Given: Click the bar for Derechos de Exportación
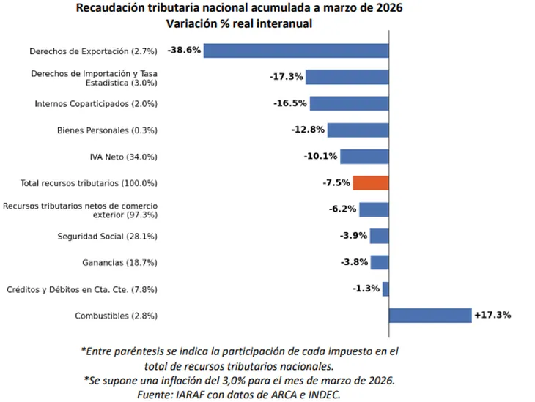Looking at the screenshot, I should [x=295, y=51].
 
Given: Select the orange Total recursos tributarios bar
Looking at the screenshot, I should [x=370, y=183].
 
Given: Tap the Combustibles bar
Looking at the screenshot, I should [x=429, y=315].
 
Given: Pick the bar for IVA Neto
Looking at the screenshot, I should [x=364, y=157].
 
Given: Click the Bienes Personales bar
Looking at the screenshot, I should [x=358, y=130].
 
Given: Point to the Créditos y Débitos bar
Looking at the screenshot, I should [x=385, y=289].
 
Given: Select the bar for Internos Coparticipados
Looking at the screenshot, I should [x=349, y=103].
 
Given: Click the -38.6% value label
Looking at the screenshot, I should [x=184, y=51].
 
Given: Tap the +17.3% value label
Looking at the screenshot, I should [x=492, y=315].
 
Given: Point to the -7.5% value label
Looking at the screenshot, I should [x=336, y=183].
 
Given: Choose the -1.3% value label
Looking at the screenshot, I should [x=366, y=289].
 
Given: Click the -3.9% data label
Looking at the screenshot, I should [x=353, y=236].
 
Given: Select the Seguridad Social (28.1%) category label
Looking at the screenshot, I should [x=108, y=237].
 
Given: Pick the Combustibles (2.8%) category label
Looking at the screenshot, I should [x=116, y=316].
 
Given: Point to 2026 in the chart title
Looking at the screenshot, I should [x=386, y=9].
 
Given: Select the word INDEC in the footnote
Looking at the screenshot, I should [x=322, y=394].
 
